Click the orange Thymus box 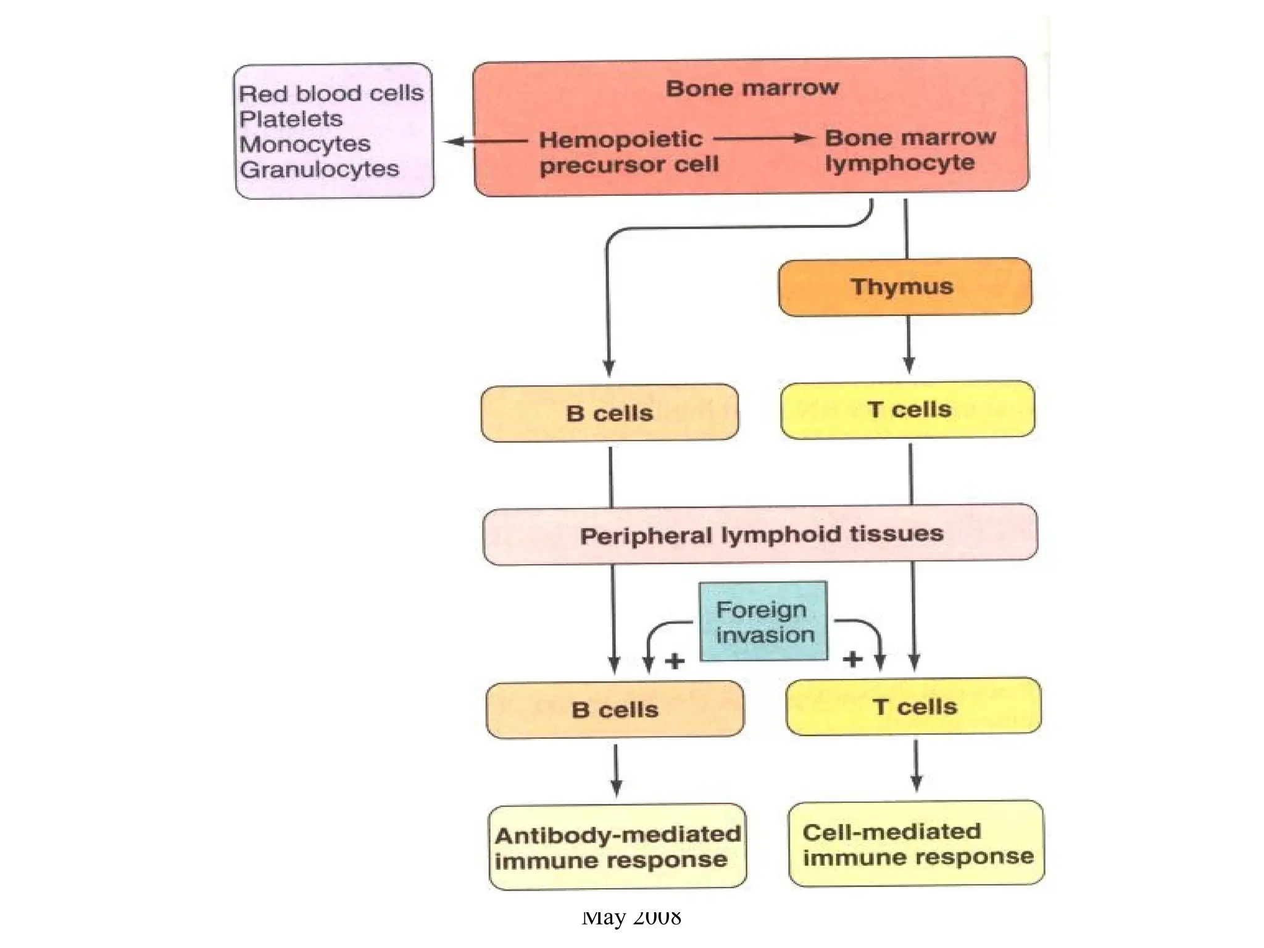pyautogui.click(x=904, y=287)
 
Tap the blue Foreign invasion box pyautogui.click(x=763, y=622)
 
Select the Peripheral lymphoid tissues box pyautogui.click(x=760, y=534)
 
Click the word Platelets pyautogui.click(x=291, y=118)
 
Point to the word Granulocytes pyautogui.click(x=319, y=169)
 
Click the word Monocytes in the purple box pyautogui.click(x=305, y=144)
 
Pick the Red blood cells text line pyautogui.click(x=331, y=93)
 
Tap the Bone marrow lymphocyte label pyautogui.click(x=909, y=150)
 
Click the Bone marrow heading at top pyautogui.click(x=752, y=88)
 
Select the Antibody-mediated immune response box pyautogui.click(x=617, y=847)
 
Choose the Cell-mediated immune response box pyautogui.click(x=916, y=844)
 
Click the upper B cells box pyautogui.click(x=609, y=413)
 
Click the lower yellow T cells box pyautogui.click(x=913, y=707)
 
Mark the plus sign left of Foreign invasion pyautogui.click(x=675, y=661)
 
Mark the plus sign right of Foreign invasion pyautogui.click(x=852, y=659)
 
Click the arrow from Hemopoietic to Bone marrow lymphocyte pyautogui.click(x=763, y=138)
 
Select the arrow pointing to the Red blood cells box pyautogui.click(x=485, y=141)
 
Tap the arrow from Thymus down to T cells pyautogui.click(x=908, y=345)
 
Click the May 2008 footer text pyautogui.click(x=631, y=918)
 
